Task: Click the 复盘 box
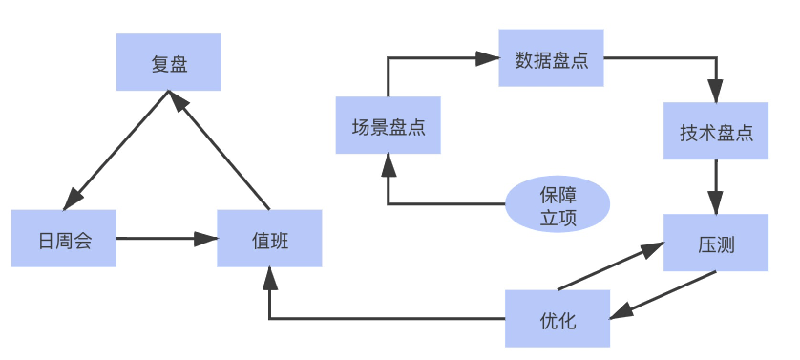click(x=168, y=62)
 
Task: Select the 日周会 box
click(x=64, y=238)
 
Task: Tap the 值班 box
click(x=269, y=238)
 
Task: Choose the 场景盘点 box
click(x=388, y=125)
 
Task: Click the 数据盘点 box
click(x=551, y=58)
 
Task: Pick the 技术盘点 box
click(x=716, y=131)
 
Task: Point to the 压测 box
click(x=716, y=243)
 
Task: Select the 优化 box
click(x=557, y=318)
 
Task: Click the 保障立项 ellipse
click(x=558, y=204)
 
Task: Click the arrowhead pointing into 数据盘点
click(x=488, y=58)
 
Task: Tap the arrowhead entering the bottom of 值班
click(x=270, y=278)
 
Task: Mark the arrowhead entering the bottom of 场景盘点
click(x=388, y=165)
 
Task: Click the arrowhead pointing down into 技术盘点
click(x=716, y=91)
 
